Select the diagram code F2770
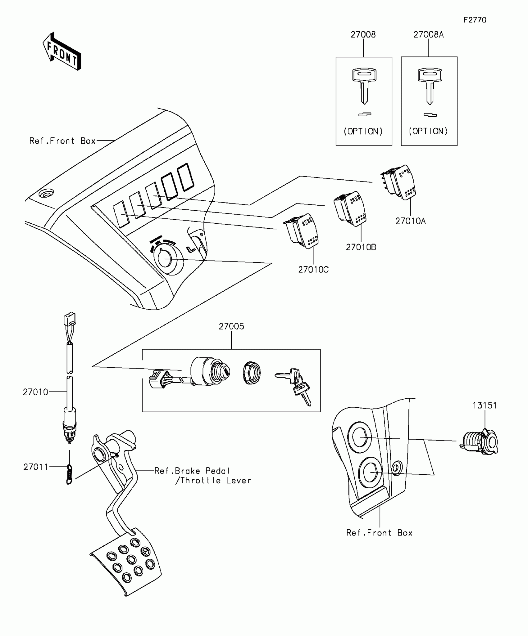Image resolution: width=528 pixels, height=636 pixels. tap(475, 20)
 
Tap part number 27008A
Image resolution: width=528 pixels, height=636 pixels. tap(428, 35)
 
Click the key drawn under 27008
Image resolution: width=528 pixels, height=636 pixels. tap(364, 86)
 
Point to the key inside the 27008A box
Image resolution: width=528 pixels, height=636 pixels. tap(430, 86)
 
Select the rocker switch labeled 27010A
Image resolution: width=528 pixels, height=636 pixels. tap(401, 182)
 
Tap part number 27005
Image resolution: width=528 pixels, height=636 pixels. tap(231, 326)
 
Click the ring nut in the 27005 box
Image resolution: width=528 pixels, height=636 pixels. tap(252, 373)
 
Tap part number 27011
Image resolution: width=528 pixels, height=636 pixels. tap(35, 467)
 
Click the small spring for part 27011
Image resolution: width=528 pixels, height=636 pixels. tap(69, 474)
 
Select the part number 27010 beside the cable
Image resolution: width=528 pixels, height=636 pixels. tap(35, 392)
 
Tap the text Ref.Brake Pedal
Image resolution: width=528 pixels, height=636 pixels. tap(192, 471)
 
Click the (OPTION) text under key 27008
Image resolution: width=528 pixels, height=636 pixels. tap(363, 132)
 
